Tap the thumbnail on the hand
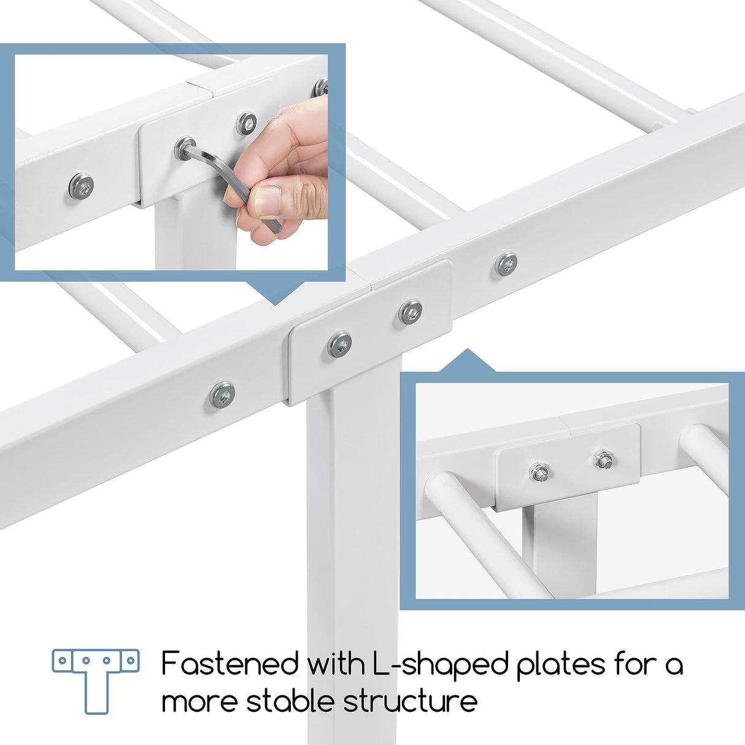point(268,201)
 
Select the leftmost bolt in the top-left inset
point(81,186)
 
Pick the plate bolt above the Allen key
point(247,123)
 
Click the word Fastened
point(230,663)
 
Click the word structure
point(410,701)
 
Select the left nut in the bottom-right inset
point(539,473)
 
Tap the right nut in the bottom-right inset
point(603,458)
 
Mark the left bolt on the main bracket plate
point(339,344)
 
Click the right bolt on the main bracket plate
point(410,312)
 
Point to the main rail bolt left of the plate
point(222,394)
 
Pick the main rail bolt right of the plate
point(506,264)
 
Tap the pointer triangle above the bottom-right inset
point(468,361)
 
